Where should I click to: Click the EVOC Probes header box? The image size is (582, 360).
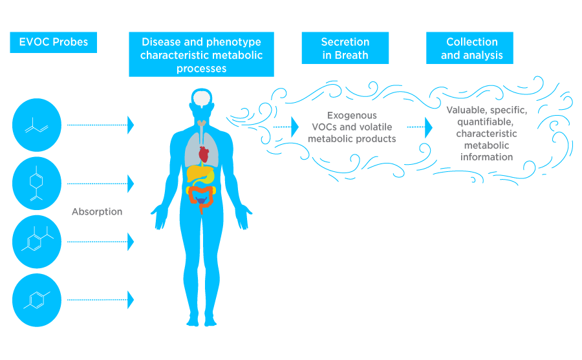49,43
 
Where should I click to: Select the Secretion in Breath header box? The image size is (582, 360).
345,49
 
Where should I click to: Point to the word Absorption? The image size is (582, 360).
97,211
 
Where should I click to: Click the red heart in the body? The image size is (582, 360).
204,155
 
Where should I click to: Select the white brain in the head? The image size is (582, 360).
204,99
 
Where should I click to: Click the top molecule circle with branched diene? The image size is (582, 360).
37,124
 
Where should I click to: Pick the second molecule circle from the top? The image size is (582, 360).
37,183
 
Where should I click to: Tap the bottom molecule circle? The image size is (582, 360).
37,299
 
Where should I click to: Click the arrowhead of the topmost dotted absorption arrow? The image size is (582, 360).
131,125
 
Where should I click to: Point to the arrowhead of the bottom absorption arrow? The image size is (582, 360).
131,299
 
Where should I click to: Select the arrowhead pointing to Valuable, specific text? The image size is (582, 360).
428,127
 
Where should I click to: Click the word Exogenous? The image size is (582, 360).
352,116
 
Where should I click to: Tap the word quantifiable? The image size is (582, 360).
486,122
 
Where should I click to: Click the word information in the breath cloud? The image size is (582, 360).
486,157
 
